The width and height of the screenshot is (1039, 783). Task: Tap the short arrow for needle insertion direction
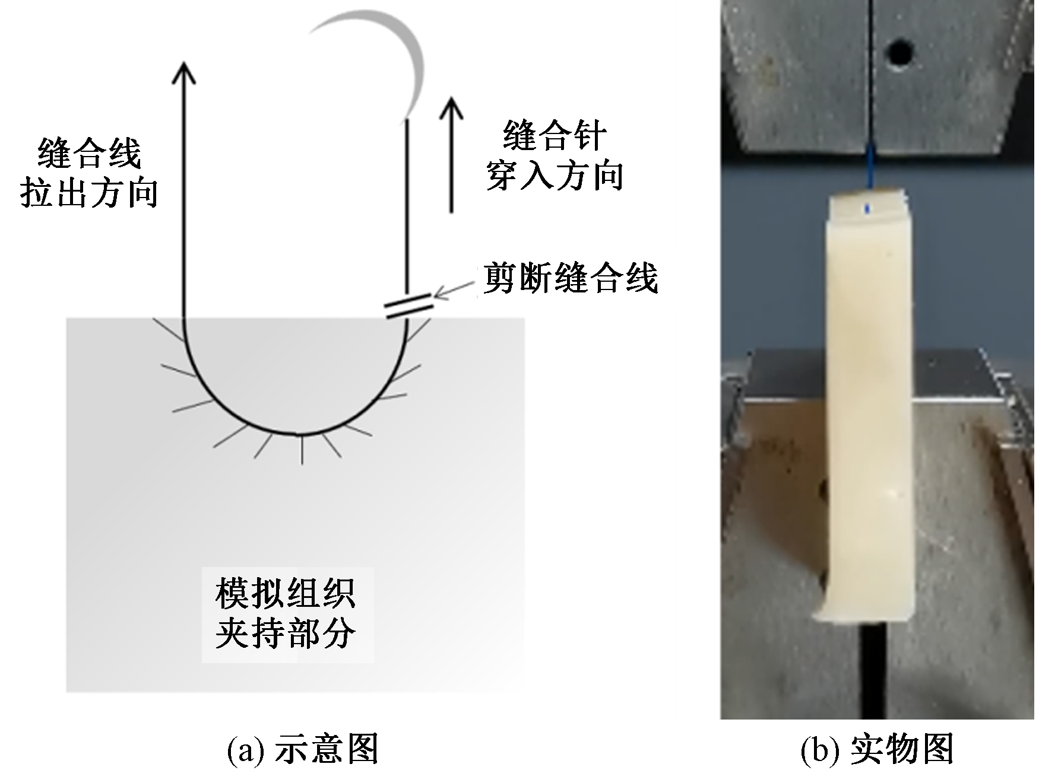tap(452, 154)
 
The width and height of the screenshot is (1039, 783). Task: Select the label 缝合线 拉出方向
tap(89, 173)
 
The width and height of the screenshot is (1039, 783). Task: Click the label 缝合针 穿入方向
tap(555, 155)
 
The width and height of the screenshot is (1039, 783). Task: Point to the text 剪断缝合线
tap(571, 278)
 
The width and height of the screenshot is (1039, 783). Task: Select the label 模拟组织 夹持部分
tap(286, 614)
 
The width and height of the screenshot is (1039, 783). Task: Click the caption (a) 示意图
tap(303, 750)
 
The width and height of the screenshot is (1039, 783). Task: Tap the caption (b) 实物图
tap(877, 750)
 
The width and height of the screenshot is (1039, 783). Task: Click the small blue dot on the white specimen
tap(869, 208)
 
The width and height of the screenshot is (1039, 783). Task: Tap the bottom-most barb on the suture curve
tap(302, 450)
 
